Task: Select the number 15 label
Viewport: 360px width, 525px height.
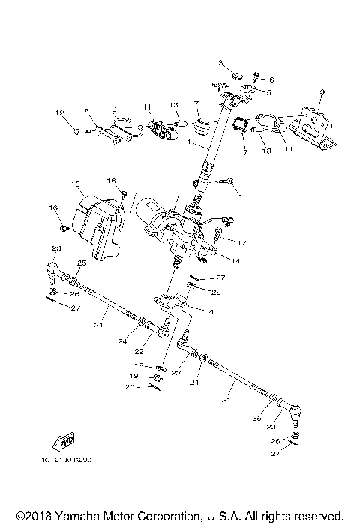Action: pyautogui.click(x=76, y=183)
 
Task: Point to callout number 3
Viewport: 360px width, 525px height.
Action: pyautogui.click(x=221, y=61)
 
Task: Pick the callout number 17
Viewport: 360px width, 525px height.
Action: pyautogui.click(x=242, y=242)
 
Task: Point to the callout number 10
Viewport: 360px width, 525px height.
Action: pyautogui.click(x=112, y=109)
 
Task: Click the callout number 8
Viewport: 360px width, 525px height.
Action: pyautogui.click(x=87, y=111)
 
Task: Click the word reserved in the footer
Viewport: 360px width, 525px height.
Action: pyautogui.click(x=318, y=517)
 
